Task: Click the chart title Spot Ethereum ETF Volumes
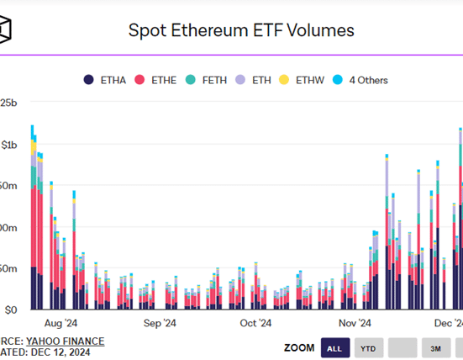coord(240,31)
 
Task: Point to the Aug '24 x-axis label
coord(61,323)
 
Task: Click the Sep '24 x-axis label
coord(159,323)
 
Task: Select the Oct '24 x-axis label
coord(255,323)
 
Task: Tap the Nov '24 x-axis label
coord(355,323)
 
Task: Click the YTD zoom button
coord(368,348)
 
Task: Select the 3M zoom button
coord(435,348)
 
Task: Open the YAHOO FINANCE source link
coord(66,341)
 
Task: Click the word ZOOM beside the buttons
coord(299,348)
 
